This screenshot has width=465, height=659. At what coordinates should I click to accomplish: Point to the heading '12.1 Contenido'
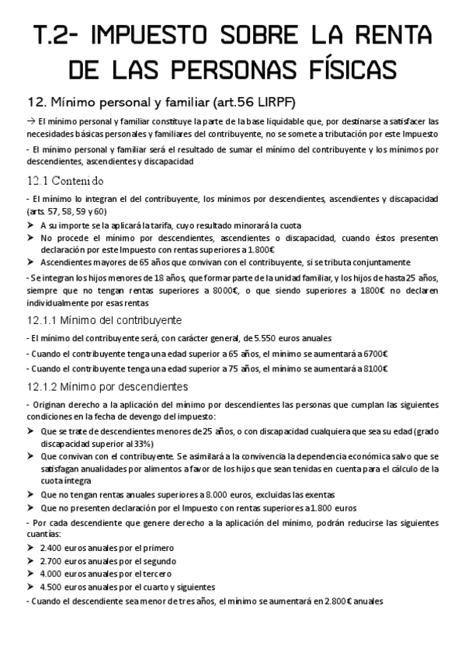(64, 180)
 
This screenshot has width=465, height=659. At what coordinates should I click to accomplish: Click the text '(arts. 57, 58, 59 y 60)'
(67, 211)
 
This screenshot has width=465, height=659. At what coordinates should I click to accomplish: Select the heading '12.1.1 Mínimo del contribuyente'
(104, 320)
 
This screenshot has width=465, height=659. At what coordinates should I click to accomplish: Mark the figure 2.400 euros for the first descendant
(53, 547)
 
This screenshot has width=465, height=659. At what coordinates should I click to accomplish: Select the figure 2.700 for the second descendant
(53, 560)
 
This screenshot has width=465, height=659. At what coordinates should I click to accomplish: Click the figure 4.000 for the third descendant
(53, 574)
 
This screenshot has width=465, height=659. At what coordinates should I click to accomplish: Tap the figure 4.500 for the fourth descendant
(53, 587)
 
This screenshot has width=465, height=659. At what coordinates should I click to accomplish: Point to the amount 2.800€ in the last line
(337, 601)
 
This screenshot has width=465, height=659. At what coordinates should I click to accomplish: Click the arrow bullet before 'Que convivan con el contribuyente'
(30, 458)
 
